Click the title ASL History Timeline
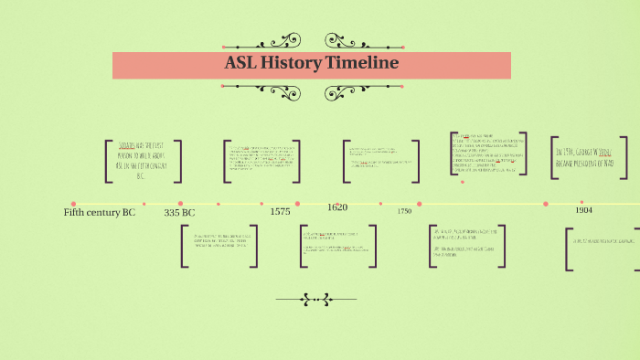click(x=311, y=64)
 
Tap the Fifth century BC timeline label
click(x=99, y=213)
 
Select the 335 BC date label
click(x=179, y=213)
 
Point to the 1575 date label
click(x=280, y=212)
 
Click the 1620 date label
click(x=337, y=207)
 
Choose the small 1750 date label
click(x=404, y=211)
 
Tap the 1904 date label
click(x=583, y=210)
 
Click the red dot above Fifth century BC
click(x=73, y=204)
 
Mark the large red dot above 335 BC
click(x=180, y=204)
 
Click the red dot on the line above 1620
click(x=337, y=204)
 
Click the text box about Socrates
click(x=143, y=161)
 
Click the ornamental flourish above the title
click(x=311, y=41)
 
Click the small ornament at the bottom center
click(x=315, y=299)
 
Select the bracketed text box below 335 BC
click(x=219, y=246)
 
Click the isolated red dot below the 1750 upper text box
click(x=463, y=182)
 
